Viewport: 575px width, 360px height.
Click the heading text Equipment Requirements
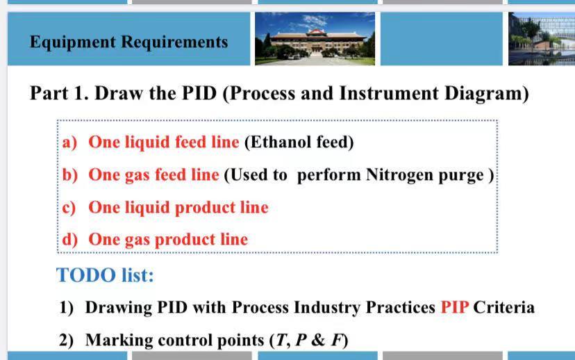pyautogui.click(x=128, y=42)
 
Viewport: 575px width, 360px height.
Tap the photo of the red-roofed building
pyautogui.click(x=315, y=39)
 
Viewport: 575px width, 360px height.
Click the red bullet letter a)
pyautogui.click(x=69, y=142)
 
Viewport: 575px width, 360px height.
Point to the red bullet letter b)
pyautogui.click(x=70, y=175)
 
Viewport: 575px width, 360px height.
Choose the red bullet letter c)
pyautogui.click(x=69, y=208)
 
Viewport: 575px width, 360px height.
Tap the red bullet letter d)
pyautogui.click(x=70, y=240)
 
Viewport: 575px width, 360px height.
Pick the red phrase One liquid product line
pyautogui.click(x=178, y=208)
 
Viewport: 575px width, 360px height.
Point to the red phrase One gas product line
pyautogui.click(x=168, y=240)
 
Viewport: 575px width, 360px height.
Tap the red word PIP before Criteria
pyautogui.click(x=455, y=307)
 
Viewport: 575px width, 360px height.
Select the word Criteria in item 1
pyautogui.click(x=503, y=307)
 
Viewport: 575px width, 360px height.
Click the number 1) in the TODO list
pyautogui.click(x=67, y=307)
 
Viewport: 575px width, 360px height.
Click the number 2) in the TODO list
pyautogui.click(x=67, y=340)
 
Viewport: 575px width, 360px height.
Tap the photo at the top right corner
pyautogui.click(x=541, y=39)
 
